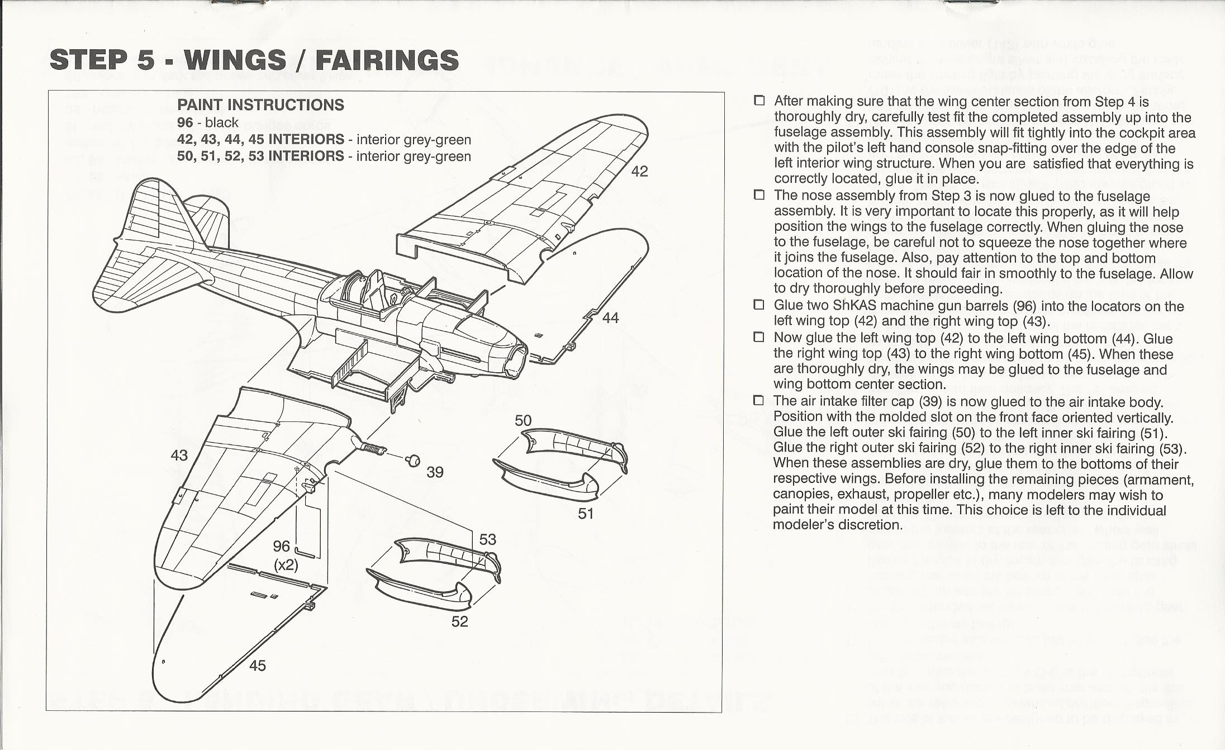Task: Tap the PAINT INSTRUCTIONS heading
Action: click(x=260, y=105)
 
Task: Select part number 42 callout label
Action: click(x=639, y=172)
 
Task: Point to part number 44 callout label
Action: click(x=610, y=318)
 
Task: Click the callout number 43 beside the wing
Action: click(x=179, y=455)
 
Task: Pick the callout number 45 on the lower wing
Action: click(x=257, y=666)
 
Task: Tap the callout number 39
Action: click(x=435, y=473)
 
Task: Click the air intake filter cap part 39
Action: click(x=414, y=460)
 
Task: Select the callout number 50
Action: click(x=523, y=421)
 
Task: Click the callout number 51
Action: click(x=586, y=514)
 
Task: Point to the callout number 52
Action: click(x=459, y=621)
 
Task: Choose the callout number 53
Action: click(x=487, y=539)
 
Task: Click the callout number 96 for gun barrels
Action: click(x=282, y=546)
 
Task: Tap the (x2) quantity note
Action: click(x=285, y=565)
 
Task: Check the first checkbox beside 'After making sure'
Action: click(x=758, y=101)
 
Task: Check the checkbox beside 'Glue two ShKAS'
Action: click(x=758, y=305)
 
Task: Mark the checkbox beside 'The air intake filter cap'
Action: click(x=758, y=401)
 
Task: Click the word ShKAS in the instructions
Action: click(x=857, y=306)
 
